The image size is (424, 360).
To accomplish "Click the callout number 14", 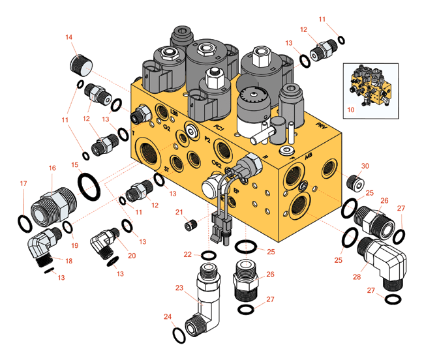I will pos(68,38).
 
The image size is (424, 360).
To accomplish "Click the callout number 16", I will pos(53,168).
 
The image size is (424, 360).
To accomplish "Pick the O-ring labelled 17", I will pos(24,223).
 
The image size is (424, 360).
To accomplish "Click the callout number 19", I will pos(74,246).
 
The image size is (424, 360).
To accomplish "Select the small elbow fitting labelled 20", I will pos(104,239).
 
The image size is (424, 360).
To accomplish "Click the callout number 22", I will pos(187,254).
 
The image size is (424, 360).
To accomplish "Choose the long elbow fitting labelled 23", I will pos(207,293).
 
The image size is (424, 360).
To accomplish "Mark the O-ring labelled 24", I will pos(177,334).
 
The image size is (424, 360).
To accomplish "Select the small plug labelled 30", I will pos(356,181).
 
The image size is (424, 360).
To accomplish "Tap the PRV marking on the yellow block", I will pos(320,124).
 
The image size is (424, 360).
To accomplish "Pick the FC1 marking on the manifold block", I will pos(219,128).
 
